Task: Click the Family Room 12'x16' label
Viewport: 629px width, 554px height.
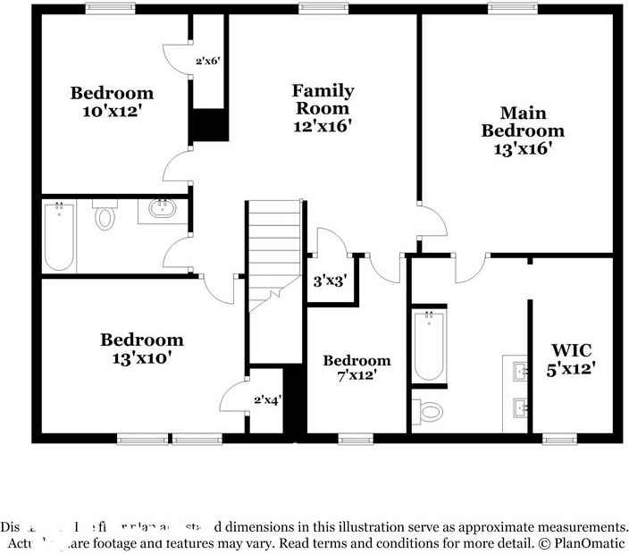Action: [323, 108]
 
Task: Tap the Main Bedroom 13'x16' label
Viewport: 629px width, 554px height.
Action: [523, 130]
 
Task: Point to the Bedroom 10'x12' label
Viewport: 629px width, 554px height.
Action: [113, 102]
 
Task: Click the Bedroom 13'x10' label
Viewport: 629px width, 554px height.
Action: [141, 348]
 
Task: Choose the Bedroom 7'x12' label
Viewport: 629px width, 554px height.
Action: [356, 368]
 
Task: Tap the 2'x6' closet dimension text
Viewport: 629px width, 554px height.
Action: [207, 62]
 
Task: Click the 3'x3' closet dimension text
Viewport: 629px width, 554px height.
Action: [330, 280]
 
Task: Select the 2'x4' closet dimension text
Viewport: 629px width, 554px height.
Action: [267, 399]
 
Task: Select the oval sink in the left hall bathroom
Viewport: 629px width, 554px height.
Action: [162, 211]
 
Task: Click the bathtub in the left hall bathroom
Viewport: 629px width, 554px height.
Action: [59, 236]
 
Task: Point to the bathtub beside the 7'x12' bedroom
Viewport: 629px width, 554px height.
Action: [429, 344]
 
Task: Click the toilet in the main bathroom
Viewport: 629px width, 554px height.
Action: [430, 411]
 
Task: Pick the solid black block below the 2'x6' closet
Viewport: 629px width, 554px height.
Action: [209, 125]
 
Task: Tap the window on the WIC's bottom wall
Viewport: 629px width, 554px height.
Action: [559, 438]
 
